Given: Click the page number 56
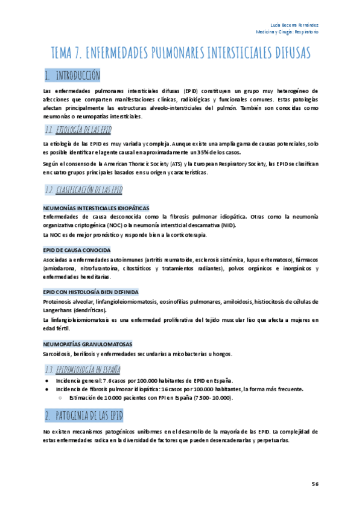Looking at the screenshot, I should pos(315,484).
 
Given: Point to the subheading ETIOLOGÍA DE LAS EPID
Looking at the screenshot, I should pos(83,130).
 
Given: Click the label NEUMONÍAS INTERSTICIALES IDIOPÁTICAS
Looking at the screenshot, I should pos(96,208).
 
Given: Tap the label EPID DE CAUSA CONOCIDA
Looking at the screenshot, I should pos(77,249).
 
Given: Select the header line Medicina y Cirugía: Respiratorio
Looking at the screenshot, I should pos(287,31).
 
